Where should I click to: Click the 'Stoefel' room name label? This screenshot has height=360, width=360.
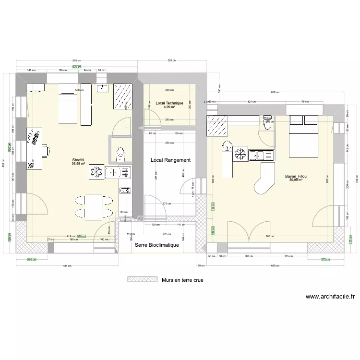pyautogui.click(x=78, y=159)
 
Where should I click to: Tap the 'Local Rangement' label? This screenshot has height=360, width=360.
pyautogui.click(x=170, y=160)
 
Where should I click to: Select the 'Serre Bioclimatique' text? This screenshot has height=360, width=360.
pyautogui.click(x=157, y=245)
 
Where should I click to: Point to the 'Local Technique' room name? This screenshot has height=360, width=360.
pyautogui.click(x=169, y=103)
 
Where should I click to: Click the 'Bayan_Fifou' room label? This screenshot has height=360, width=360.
pyautogui.click(x=296, y=176)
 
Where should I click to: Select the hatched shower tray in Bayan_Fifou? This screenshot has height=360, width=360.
pyautogui.click(x=216, y=126)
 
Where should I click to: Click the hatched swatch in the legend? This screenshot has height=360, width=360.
pyautogui.click(x=142, y=279)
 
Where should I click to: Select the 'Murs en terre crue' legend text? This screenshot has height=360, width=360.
pyautogui.click(x=182, y=279)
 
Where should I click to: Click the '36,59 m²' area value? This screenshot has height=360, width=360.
pyautogui.click(x=78, y=164)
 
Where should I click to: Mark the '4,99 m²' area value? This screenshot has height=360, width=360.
pyautogui.click(x=169, y=107)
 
